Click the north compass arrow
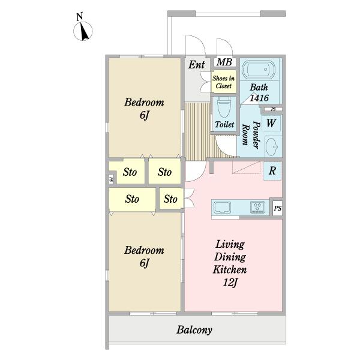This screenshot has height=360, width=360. coord(85,32)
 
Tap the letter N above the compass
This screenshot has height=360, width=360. coord(80,17)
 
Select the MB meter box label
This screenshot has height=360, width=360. coord(224,62)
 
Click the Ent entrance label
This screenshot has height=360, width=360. coord(196,65)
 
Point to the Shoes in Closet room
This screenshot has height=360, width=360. coord(223,82)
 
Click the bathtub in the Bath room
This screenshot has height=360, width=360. coord(259,69)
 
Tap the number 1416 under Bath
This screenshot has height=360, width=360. coord(259,98)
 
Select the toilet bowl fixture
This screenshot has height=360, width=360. coord(224,107)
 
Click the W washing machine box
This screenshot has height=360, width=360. coord(271,123)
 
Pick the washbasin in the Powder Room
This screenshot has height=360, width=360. coord(272,146)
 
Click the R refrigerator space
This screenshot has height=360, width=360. coord(272,171)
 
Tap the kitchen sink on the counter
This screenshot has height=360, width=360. coord(222,208)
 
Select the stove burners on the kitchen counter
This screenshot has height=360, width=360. coord(257,207)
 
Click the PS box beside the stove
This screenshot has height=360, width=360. coord(277,208)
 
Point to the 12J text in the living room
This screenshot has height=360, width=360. coord(230,283)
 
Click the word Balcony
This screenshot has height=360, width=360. coord(194,330)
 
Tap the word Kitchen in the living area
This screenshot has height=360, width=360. coord(230,269)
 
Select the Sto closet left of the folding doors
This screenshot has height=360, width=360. coord(171,199)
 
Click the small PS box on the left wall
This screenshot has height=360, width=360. coord(111,179)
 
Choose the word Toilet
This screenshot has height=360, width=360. coord(224,125)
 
